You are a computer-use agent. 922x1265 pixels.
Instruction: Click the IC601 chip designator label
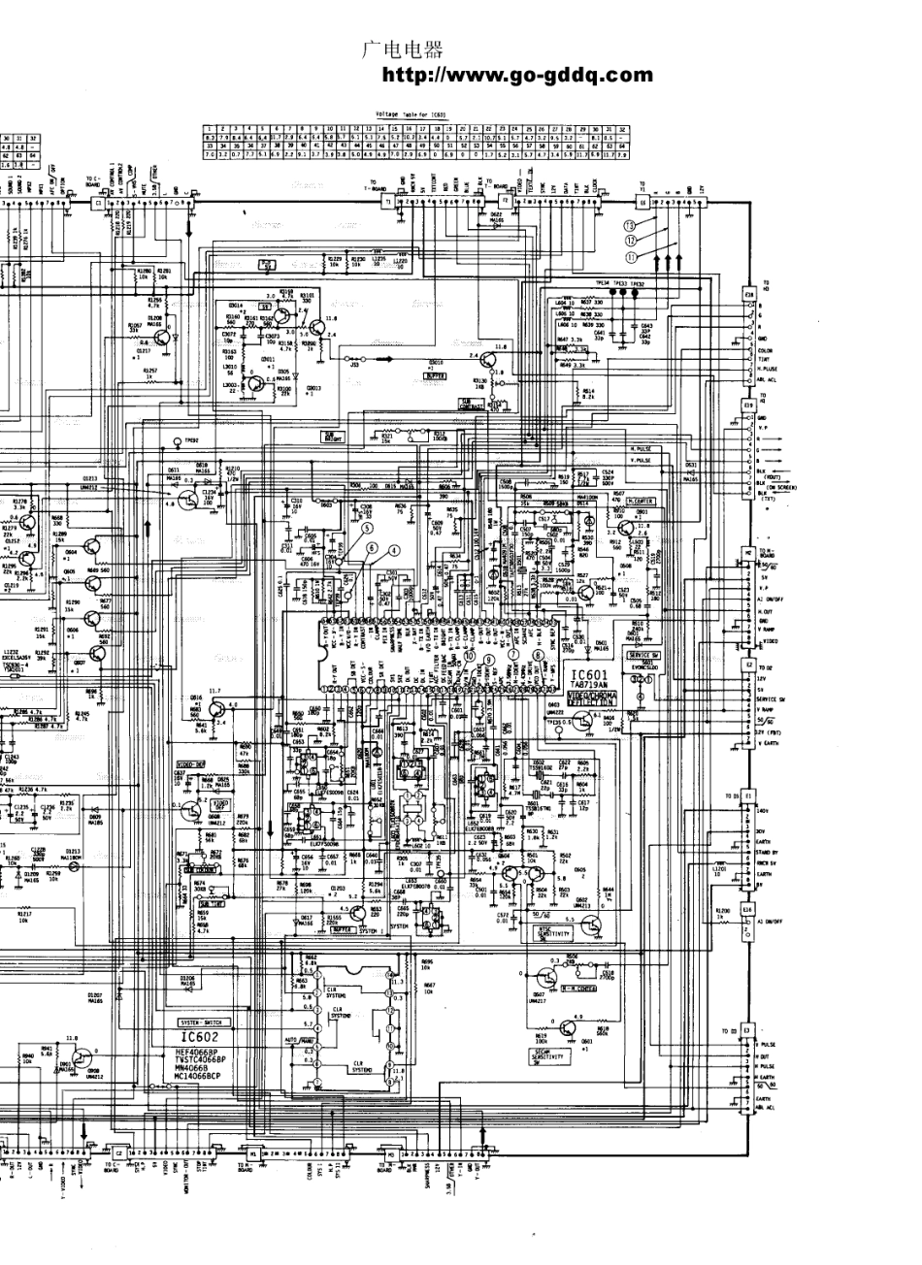pyautogui.click(x=588, y=674)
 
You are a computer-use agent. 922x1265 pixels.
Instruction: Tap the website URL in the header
pyautogui.click(x=518, y=75)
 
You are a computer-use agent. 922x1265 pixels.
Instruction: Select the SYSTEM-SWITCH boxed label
pyautogui.click(x=201, y=1022)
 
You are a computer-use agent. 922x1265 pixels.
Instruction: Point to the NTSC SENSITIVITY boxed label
pyautogui.click(x=553, y=931)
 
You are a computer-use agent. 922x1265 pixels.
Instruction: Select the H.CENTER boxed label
pyautogui.click(x=638, y=502)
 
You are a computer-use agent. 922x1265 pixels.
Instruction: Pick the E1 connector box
pyautogui.click(x=747, y=795)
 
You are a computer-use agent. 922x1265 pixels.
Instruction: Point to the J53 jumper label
pyautogui.click(x=355, y=366)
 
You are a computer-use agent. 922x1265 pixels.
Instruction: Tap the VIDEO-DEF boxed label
pyautogui.click(x=190, y=764)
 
